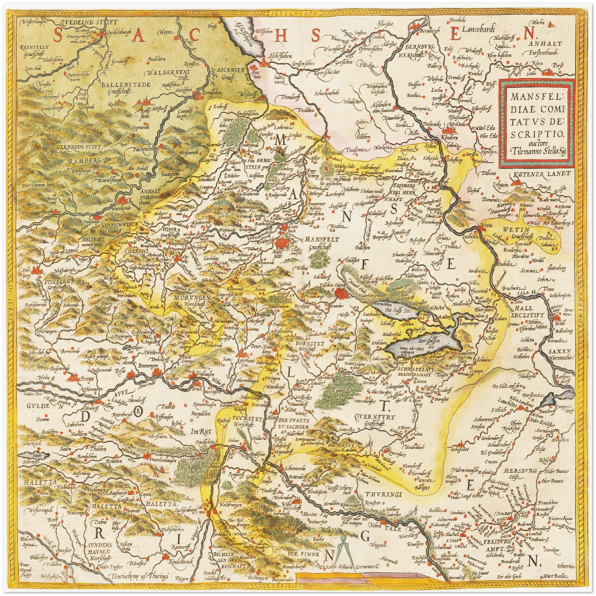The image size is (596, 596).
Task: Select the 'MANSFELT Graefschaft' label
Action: pyautogui.click(x=322, y=243)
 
